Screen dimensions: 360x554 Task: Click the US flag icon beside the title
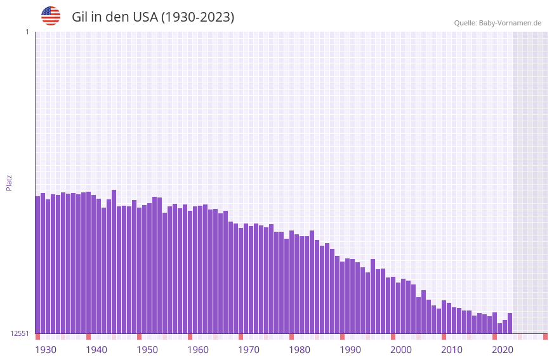pyautogui.click(x=51, y=16)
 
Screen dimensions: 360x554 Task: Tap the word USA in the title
pyautogui.click(x=145, y=17)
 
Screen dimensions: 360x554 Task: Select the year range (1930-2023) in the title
pyautogui.click(x=197, y=17)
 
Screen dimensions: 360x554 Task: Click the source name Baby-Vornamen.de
pyautogui.click(x=510, y=23)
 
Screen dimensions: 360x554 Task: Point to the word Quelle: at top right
pyautogui.click(x=465, y=23)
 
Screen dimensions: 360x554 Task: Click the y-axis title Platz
pyautogui.click(x=9, y=183)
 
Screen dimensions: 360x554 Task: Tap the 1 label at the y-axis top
pyautogui.click(x=27, y=32)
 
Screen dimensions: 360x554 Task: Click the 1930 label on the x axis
pyautogui.click(x=46, y=350)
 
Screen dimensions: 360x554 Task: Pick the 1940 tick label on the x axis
pyautogui.click(x=96, y=350)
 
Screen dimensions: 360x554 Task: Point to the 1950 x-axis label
pyautogui.click(x=147, y=350)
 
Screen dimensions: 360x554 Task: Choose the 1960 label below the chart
pyautogui.click(x=198, y=350)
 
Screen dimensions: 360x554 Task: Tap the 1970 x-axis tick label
pyautogui.click(x=249, y=350)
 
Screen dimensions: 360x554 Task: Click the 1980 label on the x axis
pyautogui.click(x=300, y=350)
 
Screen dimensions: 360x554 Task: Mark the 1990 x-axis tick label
pyautogui.click(x=350, y=350)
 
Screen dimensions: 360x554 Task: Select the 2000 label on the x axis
pyautogui.click(x=401, y=350)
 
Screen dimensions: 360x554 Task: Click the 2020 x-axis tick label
pyautogui.click(x=503, y=350)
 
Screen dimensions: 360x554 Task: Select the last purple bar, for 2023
pyautogui.click(x=510, y=323)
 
